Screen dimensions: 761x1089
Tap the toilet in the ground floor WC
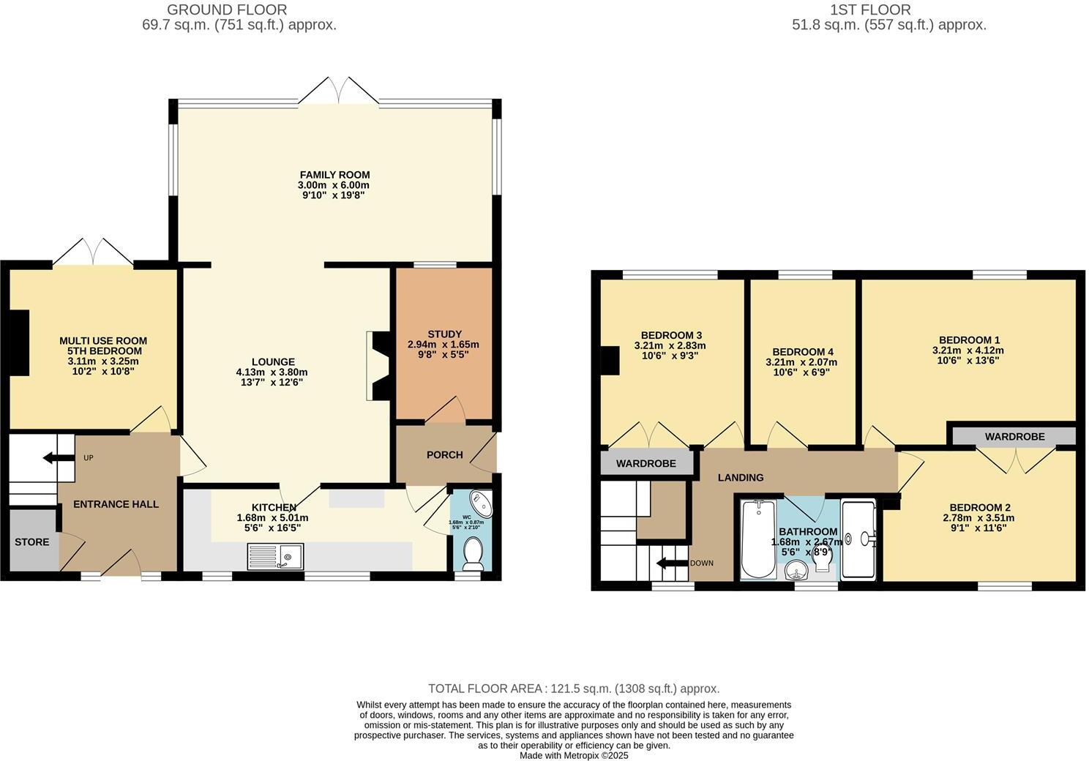point(473,553)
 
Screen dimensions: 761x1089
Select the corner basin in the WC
point(482,504)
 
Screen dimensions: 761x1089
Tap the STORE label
point(32,542)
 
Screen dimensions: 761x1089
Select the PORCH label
point(445,455)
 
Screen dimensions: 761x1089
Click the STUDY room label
point(444,334)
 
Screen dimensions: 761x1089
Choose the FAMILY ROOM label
point(334,175)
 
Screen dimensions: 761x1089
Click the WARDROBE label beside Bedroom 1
point(1014,437)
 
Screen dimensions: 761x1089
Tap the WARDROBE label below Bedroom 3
point(645,464)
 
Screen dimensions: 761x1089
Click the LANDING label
point(740,478)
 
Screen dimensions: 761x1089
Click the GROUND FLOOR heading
point(227,10)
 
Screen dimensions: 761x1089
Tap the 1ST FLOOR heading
point(870,10)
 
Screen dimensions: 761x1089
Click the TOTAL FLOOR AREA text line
point(574,689)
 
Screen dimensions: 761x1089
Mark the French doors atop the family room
point(337,91)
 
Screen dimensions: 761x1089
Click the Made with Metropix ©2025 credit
point(574,755)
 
